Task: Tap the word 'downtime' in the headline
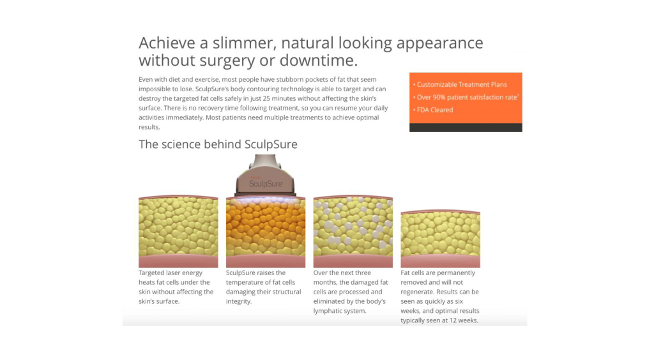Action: (318, 61)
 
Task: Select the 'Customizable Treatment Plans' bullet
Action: (460, 85)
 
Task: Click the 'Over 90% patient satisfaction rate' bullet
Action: (466, 97)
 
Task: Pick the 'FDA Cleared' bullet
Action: (433, 110)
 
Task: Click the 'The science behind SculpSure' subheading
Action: (218, 144)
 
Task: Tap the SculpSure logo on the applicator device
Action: (266, 183)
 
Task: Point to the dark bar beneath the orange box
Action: (466, 128)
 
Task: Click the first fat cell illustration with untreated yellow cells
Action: (178, 232)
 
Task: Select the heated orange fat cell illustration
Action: (266, 232)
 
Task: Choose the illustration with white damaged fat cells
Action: (353, 232)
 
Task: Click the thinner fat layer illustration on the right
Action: (440, 239)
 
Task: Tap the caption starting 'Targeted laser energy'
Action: (176, 287)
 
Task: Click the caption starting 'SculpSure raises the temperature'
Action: (264, 287)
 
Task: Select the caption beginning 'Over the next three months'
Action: (351, 292)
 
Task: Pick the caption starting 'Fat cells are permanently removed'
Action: (440, 297)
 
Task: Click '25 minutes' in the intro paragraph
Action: (278, 99)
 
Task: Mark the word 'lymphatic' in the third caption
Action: (328, 311)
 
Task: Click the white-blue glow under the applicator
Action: (265, 200)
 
